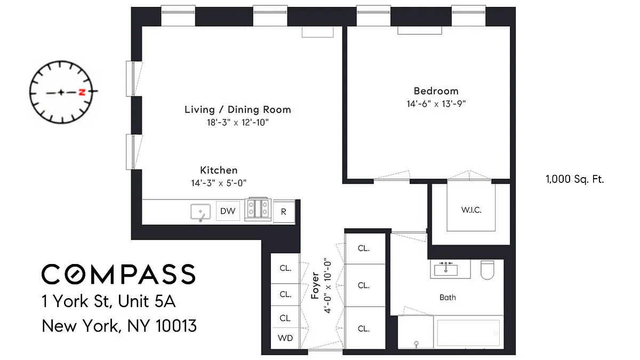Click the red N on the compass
(x=82, y=92)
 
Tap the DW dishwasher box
(x=228, y=211)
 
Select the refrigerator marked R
(x=284, y=212)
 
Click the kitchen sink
(x=201, y=213)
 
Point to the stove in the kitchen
(x=258, y=209)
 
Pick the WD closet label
(x=285, y=338)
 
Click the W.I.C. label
(x=471, y=210)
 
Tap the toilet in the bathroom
(x=487, y=270)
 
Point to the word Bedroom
(x=436, y=91)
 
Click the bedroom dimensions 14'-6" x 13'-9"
(x=436, y=103)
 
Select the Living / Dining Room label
(x=238, y=109)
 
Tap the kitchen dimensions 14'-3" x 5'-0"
(x=219, y=183)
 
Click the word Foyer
(x=315, y=285)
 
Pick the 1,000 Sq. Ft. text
(x=575, y=179)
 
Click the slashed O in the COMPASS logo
(x=75, y=274)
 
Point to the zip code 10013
(x=177, y=326)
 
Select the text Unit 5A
(x=147, y=301)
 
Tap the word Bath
(x=447, y=298)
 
